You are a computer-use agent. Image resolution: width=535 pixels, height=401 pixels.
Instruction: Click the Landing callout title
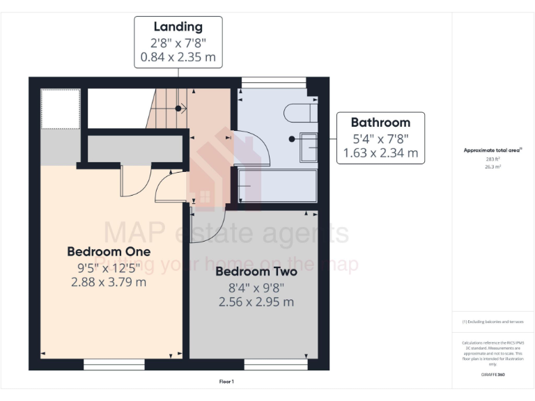178,27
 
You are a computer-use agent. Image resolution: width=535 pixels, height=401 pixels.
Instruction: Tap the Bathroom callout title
380,123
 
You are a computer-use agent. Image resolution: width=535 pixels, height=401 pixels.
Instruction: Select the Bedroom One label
109,251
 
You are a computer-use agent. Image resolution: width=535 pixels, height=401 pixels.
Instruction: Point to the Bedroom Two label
256,272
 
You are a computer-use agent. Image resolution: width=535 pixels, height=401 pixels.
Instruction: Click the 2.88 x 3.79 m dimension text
109,282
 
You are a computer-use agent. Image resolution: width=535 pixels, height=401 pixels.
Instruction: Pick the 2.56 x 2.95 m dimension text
256,302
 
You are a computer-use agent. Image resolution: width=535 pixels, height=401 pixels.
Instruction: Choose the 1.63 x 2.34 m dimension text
380,152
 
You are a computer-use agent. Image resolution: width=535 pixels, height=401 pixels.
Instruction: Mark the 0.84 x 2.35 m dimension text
178,57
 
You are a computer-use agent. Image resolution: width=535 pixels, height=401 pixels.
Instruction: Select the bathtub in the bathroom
277,187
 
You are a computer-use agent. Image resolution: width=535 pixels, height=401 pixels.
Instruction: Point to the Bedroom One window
114,364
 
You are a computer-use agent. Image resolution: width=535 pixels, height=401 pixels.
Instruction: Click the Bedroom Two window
275,364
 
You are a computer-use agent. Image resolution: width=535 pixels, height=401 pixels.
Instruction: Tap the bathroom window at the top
273,83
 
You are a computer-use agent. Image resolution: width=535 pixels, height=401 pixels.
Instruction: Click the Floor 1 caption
226,382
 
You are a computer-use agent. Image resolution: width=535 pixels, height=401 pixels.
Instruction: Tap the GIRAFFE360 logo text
493,375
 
